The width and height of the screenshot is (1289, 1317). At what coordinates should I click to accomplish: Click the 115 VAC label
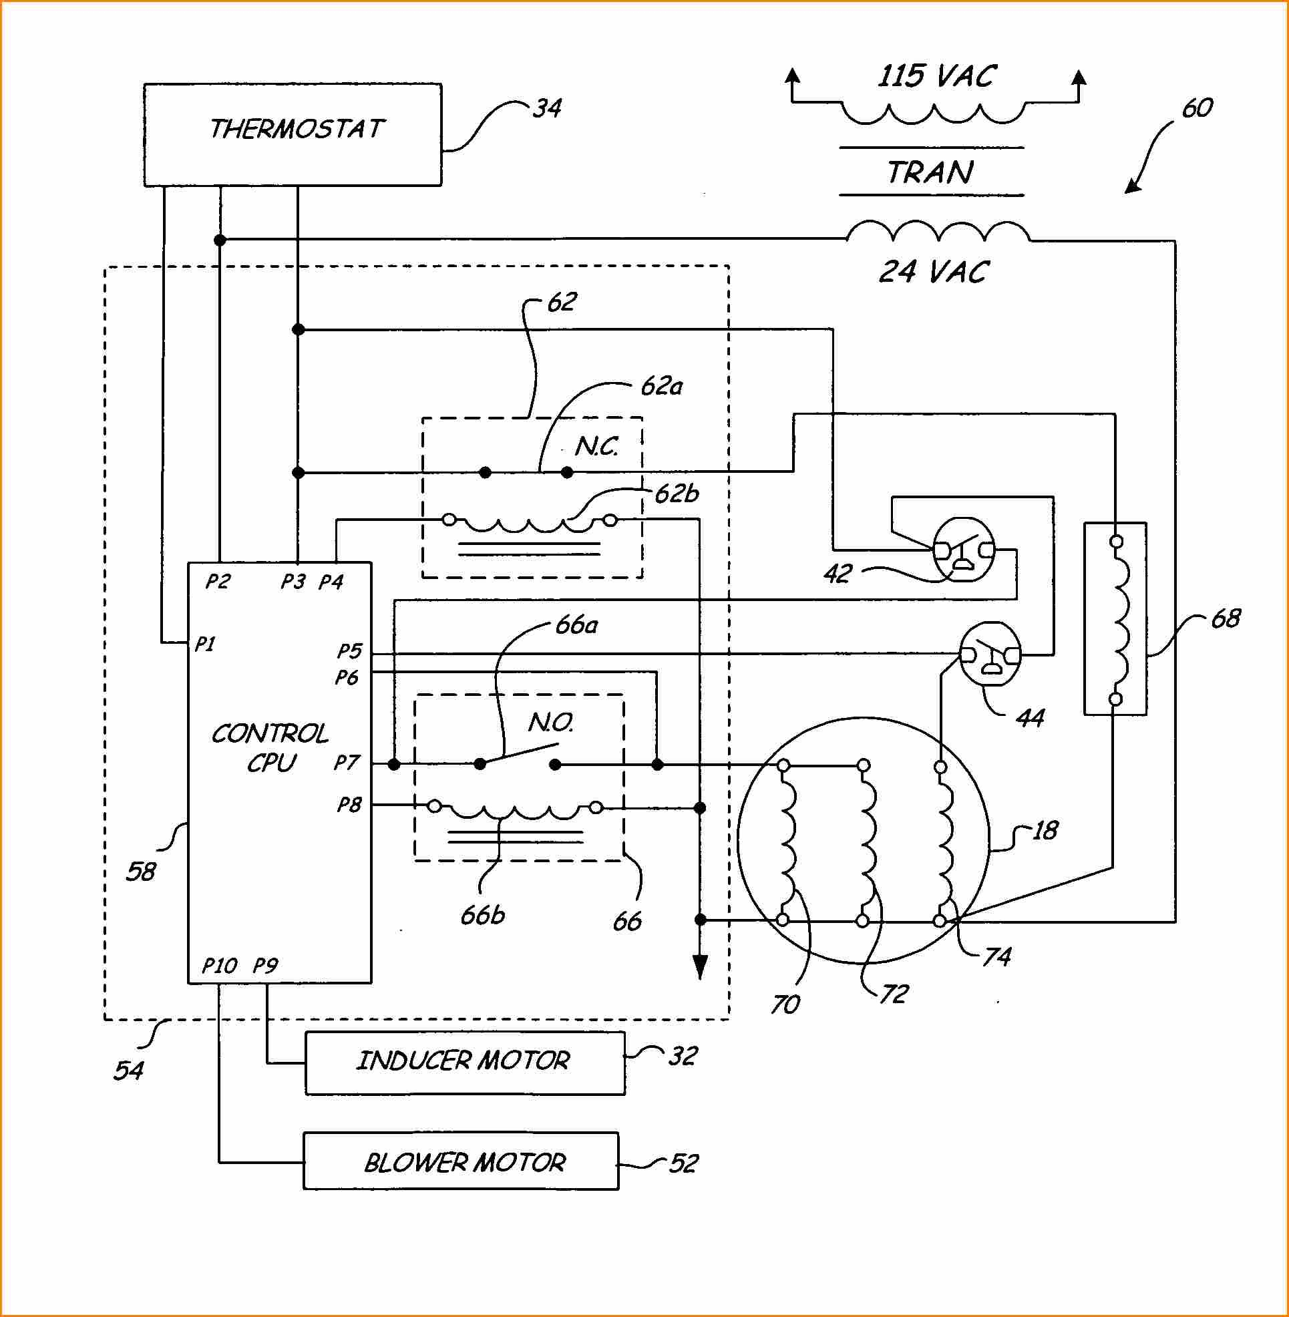(936, 76)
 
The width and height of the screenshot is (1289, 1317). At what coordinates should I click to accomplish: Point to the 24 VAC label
(934, 272)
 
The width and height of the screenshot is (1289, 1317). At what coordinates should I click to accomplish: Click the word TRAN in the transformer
(931, 173)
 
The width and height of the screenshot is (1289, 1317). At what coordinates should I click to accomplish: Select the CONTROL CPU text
(270, 748)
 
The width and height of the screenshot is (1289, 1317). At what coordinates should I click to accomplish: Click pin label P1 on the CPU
(204, 643)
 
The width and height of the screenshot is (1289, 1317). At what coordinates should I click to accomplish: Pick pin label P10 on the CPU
(219, 965)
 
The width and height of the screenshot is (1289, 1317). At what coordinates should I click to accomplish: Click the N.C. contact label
(596, 446)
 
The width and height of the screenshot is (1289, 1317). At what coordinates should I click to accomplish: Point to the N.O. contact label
(551, 723)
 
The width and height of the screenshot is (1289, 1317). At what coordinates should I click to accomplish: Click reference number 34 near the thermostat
(547, 108)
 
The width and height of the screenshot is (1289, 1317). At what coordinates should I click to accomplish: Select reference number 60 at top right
(1198, 108)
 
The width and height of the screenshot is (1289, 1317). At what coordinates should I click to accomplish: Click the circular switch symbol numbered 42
(964, 549)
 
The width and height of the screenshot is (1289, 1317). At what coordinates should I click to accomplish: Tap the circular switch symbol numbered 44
(990, 653)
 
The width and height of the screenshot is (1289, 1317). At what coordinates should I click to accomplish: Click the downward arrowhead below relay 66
(701, 967)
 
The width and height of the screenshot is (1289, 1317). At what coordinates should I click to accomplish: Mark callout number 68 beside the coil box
(1226, 618)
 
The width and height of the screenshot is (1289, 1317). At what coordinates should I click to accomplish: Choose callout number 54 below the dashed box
(129, 1071)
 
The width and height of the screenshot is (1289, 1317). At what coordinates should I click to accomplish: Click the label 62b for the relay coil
(677, 494)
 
